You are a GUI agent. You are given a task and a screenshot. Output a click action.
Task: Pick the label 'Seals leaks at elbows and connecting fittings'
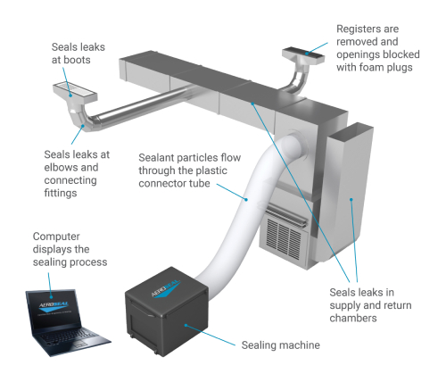[x=77, y=170]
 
